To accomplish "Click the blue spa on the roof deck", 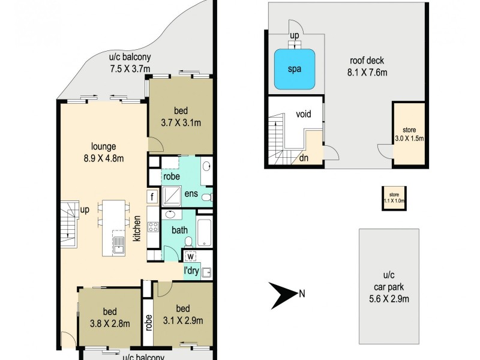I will pyautogui.click(x=295, y=68).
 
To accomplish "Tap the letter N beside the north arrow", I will pyautogui.click(x=302, y=293).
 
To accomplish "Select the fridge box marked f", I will pyautogui.click(x=152, y=197).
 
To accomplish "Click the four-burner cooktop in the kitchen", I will pyautogui.click(x=152, y=227).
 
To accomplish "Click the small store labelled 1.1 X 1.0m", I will pyautogui.click(x=393, y=198).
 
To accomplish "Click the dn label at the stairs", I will pyautogui.click(x=304, y=158).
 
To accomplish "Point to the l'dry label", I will pyautogui.click(x=191, y=271).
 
